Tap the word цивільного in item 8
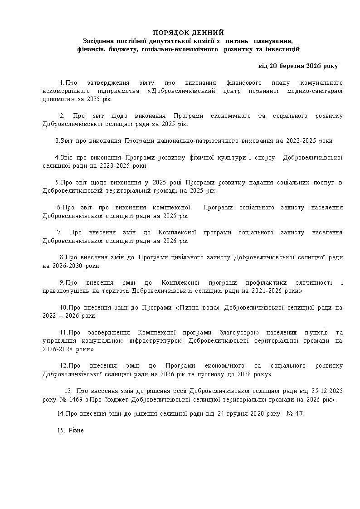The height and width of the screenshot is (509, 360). coord(180,257)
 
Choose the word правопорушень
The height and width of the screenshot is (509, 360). coord(63,291)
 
